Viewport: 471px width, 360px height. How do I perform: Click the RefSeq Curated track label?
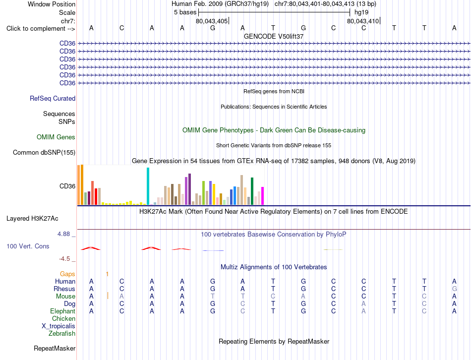[x=53, y=99]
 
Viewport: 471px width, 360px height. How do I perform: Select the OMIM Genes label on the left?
[x=56, y=137]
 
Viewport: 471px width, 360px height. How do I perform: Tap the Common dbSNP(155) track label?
[x=44, y=152]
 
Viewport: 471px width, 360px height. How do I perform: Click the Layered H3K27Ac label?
[x=32, y=219]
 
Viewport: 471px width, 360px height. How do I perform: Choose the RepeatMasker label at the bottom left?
[x=55, y=348]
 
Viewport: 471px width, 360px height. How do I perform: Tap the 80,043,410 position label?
[x=363, y=21]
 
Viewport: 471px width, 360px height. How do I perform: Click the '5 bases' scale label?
[x=185, y=12]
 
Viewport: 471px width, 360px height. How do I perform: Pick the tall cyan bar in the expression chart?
[x=148, y=186]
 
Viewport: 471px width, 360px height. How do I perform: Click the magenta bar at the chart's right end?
[x=263, y=196]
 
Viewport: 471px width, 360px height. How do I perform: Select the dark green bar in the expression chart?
[x=252, y=191]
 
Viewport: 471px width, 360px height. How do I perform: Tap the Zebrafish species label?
[x=62, y=334]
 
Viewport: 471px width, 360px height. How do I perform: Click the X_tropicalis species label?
[x=59, y=326]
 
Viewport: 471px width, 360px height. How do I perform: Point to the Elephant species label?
[x=63, y=311]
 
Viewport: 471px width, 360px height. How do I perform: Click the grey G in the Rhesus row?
[x=455, y=289]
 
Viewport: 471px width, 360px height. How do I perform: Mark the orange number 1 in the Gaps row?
[x=107, y=274]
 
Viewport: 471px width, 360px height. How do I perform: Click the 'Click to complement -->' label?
[x=41, y=29]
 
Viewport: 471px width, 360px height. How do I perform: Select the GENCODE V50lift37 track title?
[x=274, y=36]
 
